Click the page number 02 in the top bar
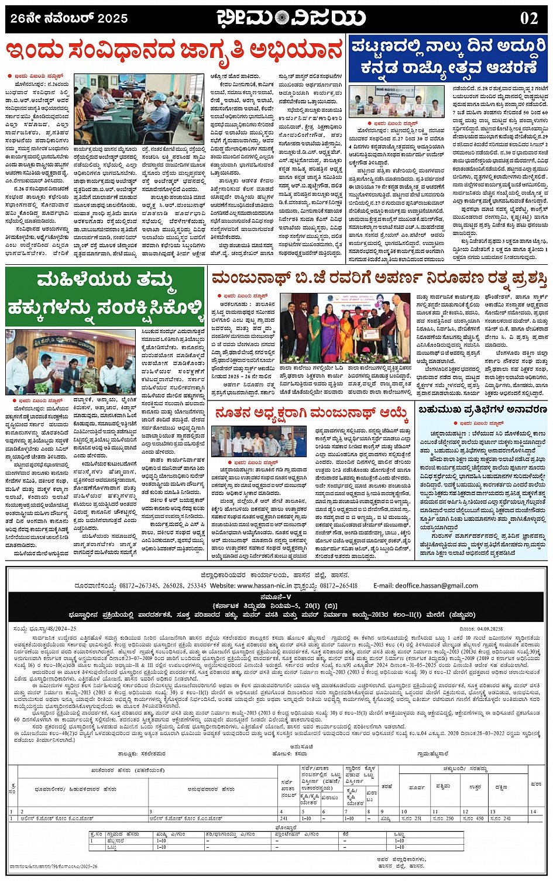click(528, 18)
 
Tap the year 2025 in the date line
click(112, 19)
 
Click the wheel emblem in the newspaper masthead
click(285, 18)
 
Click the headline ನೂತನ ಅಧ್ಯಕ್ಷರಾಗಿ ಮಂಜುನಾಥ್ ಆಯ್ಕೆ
click(311, 414)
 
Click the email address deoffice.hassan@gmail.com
click(437, 585)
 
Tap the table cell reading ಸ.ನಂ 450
click(472, 818)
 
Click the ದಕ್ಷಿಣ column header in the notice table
click(501, 787)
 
